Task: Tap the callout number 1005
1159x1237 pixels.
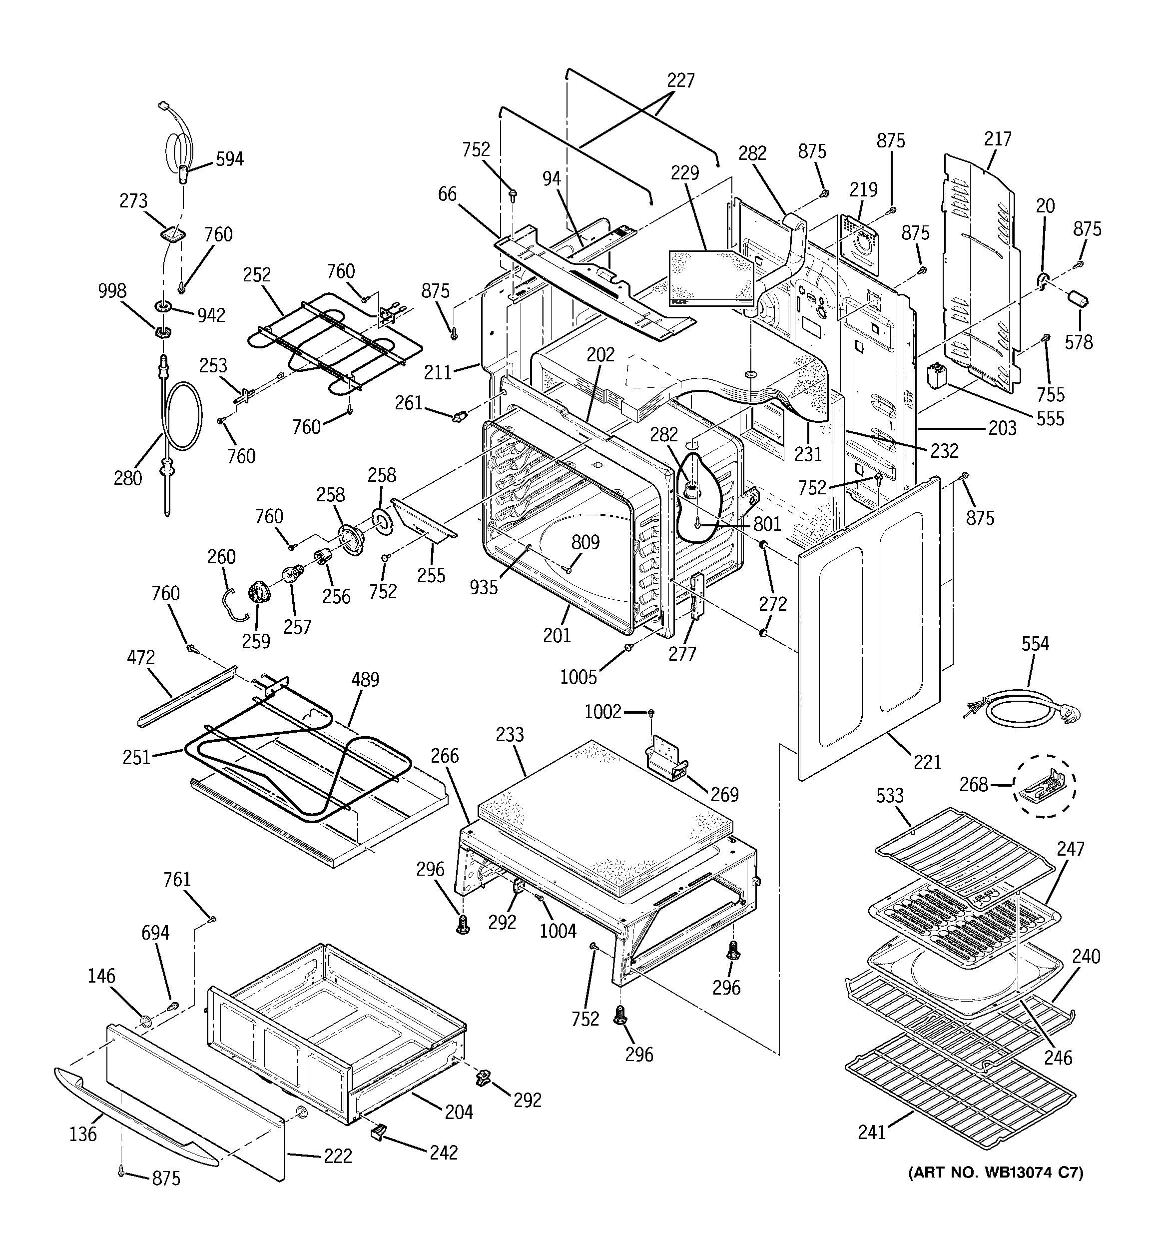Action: pyautogui.click(x=578, y=677)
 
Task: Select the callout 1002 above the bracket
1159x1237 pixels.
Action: pyautogui.click(x=602, y=711)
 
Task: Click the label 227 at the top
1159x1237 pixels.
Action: pyautogui.click(x=680, y=81)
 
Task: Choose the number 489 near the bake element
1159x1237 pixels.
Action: pyautogui.click(x=365, y=680)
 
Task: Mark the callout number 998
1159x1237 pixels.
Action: pyautogui.click(x=112, y=291)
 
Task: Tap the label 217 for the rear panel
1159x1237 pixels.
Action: pyautogui.click(x=997, y=139)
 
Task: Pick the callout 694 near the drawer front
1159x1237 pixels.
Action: pyautogui.click(x=155, y=933)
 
